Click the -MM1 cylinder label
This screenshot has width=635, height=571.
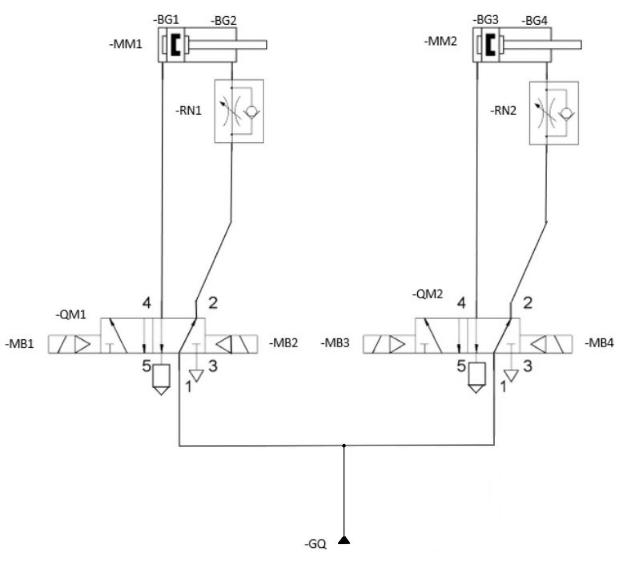click(125, 44)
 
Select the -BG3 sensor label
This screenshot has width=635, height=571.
click(485, 20)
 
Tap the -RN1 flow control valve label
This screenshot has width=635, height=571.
click(188, 110)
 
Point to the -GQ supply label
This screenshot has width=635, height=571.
click(315, 544)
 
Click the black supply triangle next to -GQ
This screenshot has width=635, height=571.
click(344, 540)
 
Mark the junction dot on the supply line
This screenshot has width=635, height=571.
click(344, 445)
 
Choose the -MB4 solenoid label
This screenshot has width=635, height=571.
click(599, 343)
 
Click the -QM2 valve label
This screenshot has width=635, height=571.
click(427, 294)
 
